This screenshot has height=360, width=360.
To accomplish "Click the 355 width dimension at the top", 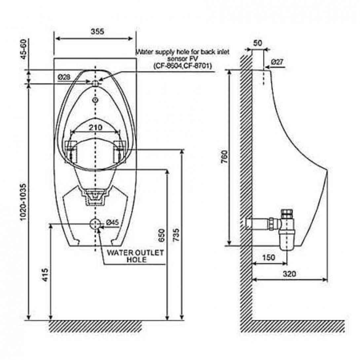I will click(x=97, y=32).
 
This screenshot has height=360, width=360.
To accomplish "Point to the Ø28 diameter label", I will click(x=64, y=77).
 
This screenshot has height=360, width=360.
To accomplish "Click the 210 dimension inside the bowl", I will click(x=95, y=127).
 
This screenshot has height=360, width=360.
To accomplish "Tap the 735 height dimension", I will click(x=176, y=235).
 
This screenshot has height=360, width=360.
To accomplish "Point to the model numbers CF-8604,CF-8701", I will click(x=183, y=66).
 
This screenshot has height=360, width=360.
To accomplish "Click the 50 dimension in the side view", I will click(x=258, y=43).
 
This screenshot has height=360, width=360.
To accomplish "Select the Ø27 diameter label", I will click(x=277, y=62).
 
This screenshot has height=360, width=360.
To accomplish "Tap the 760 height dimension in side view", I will click(x=225, y=159).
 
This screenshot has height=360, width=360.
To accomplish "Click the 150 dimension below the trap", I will click(x=269, y=258).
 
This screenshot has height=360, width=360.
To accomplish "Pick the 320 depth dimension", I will click(x=289, y=274).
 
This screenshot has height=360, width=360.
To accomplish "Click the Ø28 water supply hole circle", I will click(x=95, y=83).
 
